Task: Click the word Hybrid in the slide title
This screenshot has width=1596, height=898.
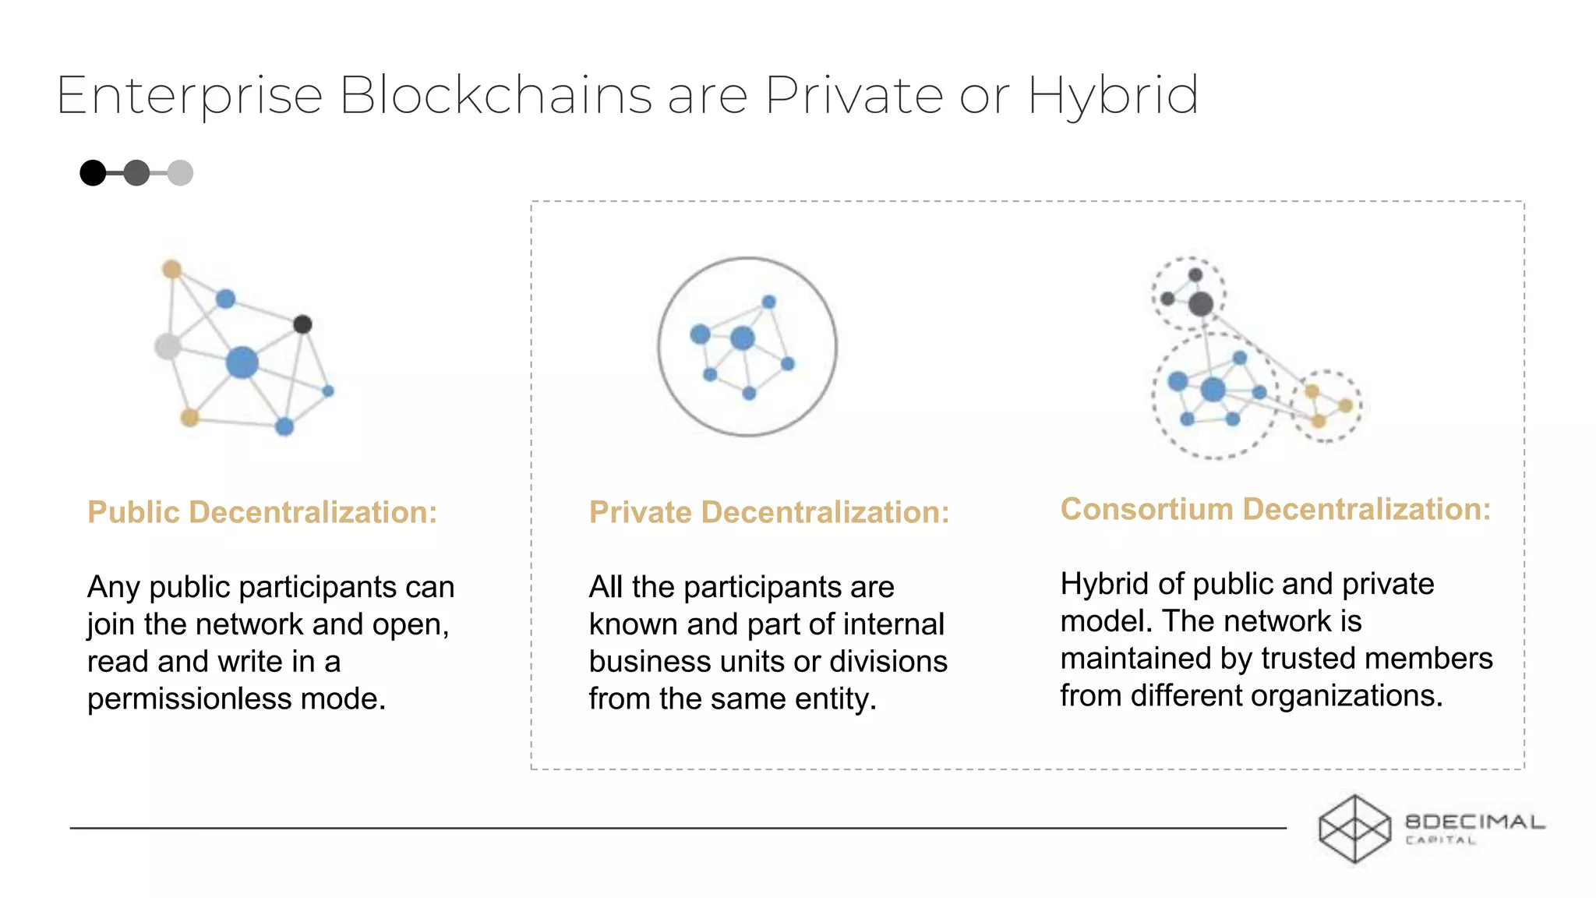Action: [x=1113, y=97]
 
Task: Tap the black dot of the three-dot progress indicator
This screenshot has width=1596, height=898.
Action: [x=93, y=173]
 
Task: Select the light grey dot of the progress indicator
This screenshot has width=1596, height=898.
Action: [x=180, y=173]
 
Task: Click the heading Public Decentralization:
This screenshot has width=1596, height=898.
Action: [x=262, y=512]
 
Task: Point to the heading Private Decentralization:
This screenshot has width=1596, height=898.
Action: [x=769, y=512]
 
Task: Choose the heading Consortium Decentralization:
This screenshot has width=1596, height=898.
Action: [x=1275, y=509]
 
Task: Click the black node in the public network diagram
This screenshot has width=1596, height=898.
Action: [x=302, y=324]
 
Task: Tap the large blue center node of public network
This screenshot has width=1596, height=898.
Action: [x=242, y=362]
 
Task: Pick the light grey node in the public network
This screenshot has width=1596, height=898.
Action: [x=168, y=346]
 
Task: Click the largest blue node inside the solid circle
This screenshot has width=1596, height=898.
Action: [x=743, y=338]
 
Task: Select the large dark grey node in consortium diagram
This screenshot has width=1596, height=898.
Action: [x=1201, y=303]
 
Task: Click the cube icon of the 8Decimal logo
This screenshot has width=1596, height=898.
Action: [x=1354, y=829]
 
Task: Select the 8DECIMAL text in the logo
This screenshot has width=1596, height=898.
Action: [x=1474, y=822]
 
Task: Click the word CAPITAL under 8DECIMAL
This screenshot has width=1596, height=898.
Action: [x=1440, y=840]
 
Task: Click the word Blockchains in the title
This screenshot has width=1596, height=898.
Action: [x=496, y=97]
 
